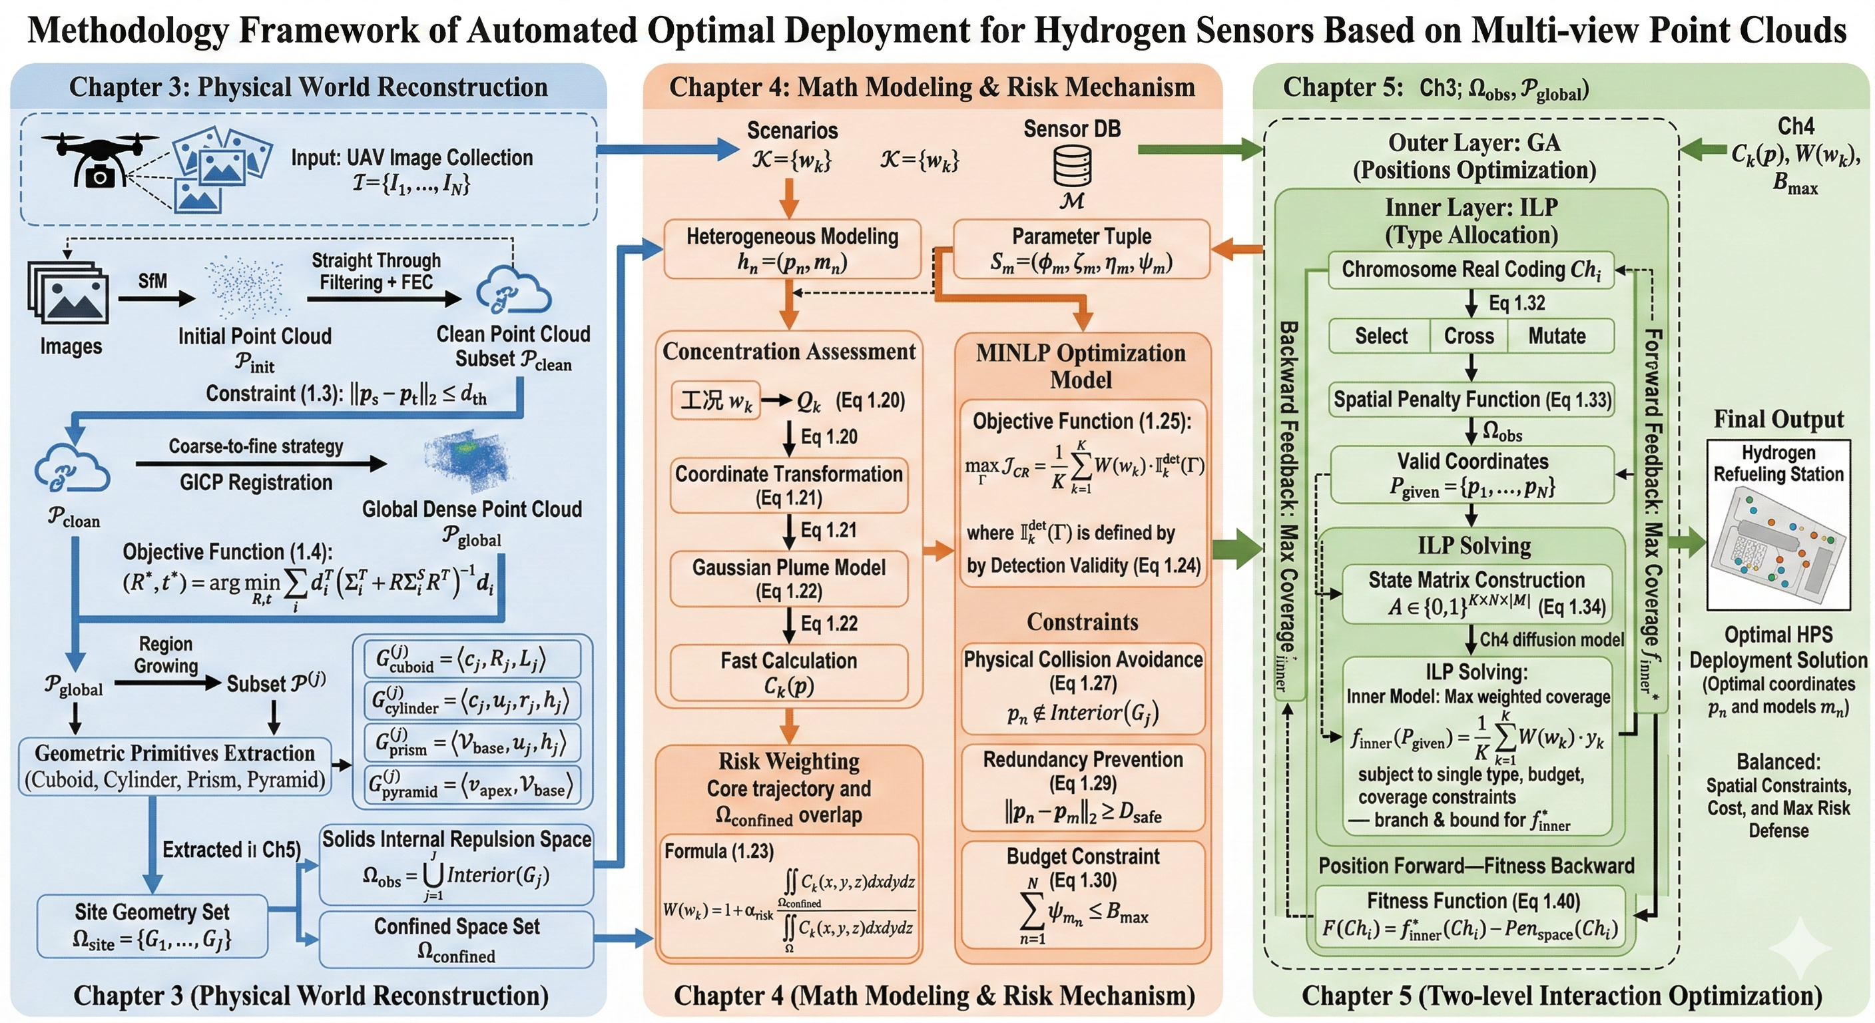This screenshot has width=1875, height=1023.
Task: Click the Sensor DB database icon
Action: (x=1072, y=166)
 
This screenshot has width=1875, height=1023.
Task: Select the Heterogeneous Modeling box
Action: (x=792, y=249)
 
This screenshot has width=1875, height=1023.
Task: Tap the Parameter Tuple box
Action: (x=1081, y=249)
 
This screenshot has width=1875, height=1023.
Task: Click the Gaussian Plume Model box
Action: (x=788, y=579)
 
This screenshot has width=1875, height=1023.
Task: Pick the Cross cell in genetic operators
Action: (x=1468, y=336)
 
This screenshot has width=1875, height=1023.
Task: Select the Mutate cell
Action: (x=1556, y=336)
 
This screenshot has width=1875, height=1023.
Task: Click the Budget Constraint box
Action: (x=1083, y=894)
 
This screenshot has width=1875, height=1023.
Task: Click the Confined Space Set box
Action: (x=456, y=939)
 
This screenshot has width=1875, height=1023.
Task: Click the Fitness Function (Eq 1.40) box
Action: (x=1472, y=915)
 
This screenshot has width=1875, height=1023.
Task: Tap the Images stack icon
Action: (x=69, y=295)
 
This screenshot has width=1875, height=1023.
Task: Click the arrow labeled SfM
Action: (x=156, y=298)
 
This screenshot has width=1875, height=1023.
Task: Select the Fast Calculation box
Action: (x=788, y=672)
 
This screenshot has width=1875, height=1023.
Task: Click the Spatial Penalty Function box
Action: (x=1472, y=399)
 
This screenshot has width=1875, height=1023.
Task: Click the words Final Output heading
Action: (x=1778, y=420)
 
